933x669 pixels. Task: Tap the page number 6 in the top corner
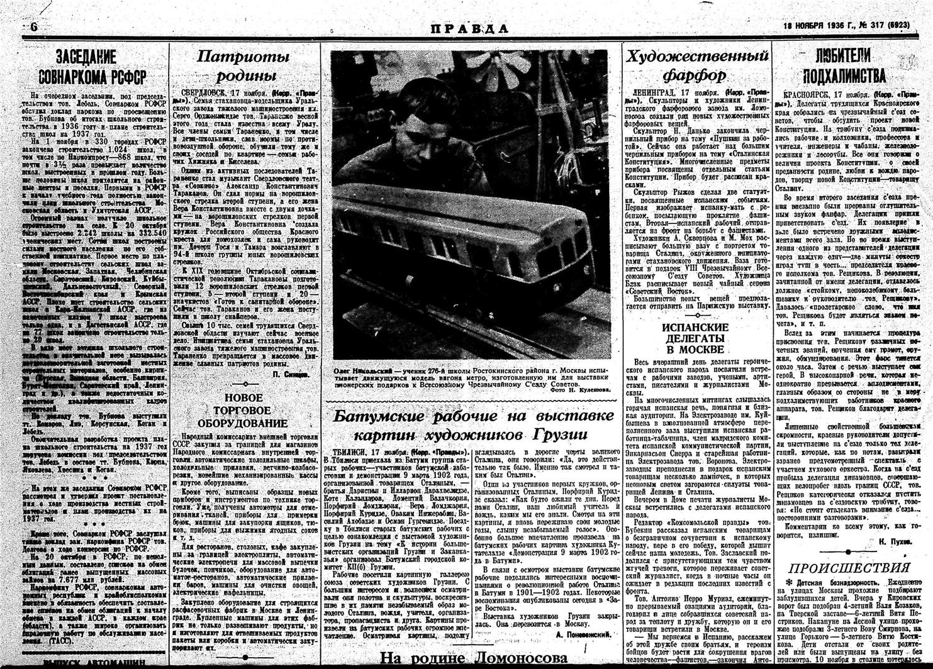(33, 27)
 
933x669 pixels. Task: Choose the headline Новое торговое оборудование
(243, 411)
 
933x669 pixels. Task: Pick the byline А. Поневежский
(583, 635)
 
